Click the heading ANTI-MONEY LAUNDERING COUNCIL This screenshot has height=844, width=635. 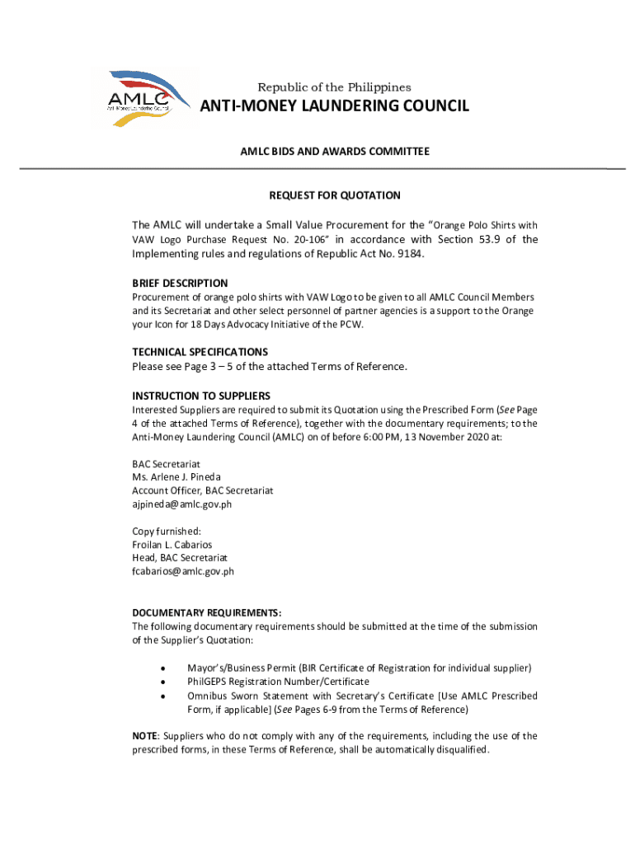tap(335, 106)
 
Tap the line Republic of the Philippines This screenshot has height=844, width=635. tap(334, 87)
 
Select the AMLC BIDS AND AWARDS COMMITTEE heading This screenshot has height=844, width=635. tap(334, 152)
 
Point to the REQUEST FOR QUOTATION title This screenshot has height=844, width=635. tap(335, 195)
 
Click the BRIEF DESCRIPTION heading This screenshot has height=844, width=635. tap(180, 284)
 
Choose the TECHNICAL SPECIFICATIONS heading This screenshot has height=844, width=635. tap(200, 352)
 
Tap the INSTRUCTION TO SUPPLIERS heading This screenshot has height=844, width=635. tap(201, 396)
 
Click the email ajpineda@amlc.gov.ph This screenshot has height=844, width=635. tap(182, 504)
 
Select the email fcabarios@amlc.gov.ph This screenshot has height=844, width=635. tap(183, 571)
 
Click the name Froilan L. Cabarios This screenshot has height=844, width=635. tap(172, 545)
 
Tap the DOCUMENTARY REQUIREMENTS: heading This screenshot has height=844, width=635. tap(207, 612)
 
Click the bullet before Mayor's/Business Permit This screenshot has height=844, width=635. tap(165, 668)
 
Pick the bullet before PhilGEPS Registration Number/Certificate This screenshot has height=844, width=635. tap(165, 682)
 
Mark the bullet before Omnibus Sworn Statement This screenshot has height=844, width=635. tap(165, 696)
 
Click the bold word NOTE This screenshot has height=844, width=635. tap(145, 736)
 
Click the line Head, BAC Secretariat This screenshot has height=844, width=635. tap(174, 558)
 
